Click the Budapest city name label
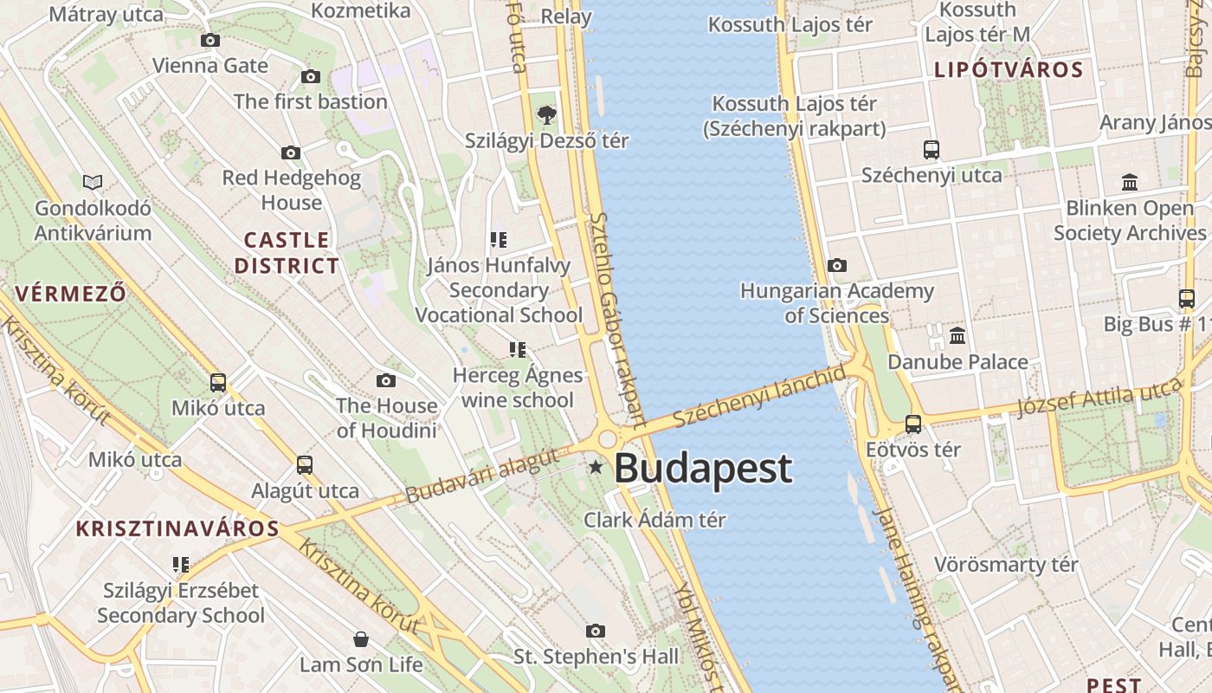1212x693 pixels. pos(702,469)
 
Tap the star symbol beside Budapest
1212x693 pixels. pos(596,468)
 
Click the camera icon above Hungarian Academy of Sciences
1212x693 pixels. pos(836,266)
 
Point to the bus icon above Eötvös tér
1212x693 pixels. pos(913,424)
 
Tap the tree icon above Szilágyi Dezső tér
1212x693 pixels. pos(546,114)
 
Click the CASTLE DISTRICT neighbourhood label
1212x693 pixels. pos(287,253)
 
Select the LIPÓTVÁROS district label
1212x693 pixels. pos(1009,70)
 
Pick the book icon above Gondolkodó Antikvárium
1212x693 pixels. pos(93,183)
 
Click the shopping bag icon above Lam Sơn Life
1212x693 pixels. pos(361,640)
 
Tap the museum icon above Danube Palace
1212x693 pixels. pos(957,336)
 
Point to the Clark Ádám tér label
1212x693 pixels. pos(654,521)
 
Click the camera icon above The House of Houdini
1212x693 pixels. pos(386,380)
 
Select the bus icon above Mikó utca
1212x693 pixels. pos(218,383)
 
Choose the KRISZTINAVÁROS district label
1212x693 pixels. pos(177,529)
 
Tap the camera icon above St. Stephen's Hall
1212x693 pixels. pos(596,631)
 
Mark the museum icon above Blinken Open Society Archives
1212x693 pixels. pos(1130,183)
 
